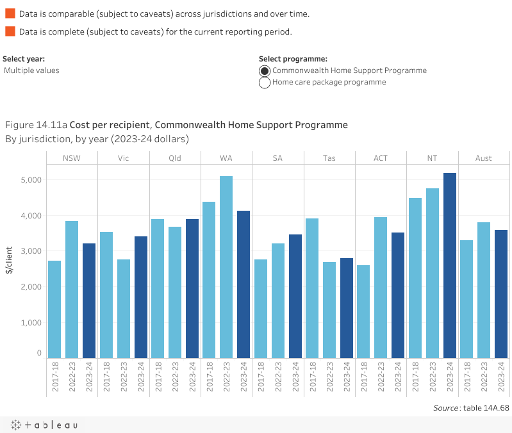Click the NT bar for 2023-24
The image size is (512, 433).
click(x=450, y=265)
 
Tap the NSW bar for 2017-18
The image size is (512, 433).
click(x=54, y=309)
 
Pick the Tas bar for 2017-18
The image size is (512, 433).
click(x=312, y=288)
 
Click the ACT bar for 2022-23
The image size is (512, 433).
click(x=381, y=287)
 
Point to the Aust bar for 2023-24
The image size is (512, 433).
click(x=501, y=293)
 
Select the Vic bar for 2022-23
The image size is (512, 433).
click(x=124, y=308)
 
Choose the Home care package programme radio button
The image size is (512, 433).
click(x=265, y=83)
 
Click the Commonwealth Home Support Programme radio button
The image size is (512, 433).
click(x=265, y=70)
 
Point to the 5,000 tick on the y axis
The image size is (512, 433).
click(x=29, y=180)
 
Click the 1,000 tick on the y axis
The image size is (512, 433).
click(x=29, y=322)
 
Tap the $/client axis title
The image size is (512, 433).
click(x=9, y=260)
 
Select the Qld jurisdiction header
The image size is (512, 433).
click(x=175, y=158)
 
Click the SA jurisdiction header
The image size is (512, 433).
click(x=278, y=158)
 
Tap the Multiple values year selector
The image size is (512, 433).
click(x=31, y=70)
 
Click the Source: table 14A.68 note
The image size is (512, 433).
click(x=471, y=407)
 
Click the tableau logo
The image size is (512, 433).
click(x=44, y=425)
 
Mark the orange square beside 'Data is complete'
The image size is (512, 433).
click(x=10, y=31)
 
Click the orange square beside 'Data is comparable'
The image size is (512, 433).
click(x=10, y=13)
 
